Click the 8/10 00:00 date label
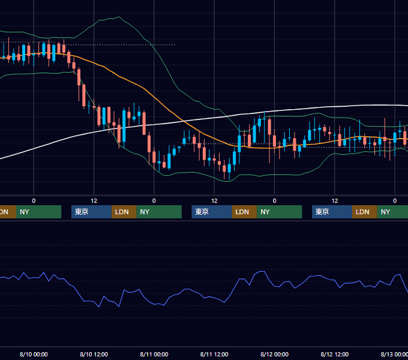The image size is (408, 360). pyautogui.click(x=34, y=354)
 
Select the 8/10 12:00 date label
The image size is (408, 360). pyautogui.click(x=94, y=354)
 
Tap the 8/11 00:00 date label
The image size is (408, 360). pyautogui.click(x=154, y=354)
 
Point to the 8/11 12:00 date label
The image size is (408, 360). pyautogui.click(x=214, y=354)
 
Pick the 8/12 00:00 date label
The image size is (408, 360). pyautogui.click(x=275, y=354)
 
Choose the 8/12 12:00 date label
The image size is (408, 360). pyautogui.click(x=335, y=354)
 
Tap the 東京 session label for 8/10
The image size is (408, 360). pyautogui.click(x=82, y=212)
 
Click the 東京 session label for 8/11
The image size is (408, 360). pyautogui.click(x=202, y=212)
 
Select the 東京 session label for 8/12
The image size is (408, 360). pyautogui.click(x=322, y=212)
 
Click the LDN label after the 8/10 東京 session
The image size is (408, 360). pyautogui.click(x=122, y=212)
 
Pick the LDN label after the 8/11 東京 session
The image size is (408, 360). pyautogui.click(x=242, y=212)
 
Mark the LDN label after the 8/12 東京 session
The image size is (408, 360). pyautogui.click(x=362, y=212)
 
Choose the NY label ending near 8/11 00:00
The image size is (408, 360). pyautogui.click(x=145, y=212)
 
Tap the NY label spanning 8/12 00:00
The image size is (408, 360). pyautogui.click(x=265, y=212)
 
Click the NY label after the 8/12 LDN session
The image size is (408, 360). pyautogui.click(x=385, y=212)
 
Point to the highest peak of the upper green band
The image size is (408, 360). pyautogui.click(x=119, y=17)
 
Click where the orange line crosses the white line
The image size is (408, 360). pyautogui.click(x=184, y=121)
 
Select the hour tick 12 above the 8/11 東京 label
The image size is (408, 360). pyautogui.click(x=214, y=201)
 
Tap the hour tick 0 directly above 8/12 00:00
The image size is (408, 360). pyautogui.click(x=275, y=201)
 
